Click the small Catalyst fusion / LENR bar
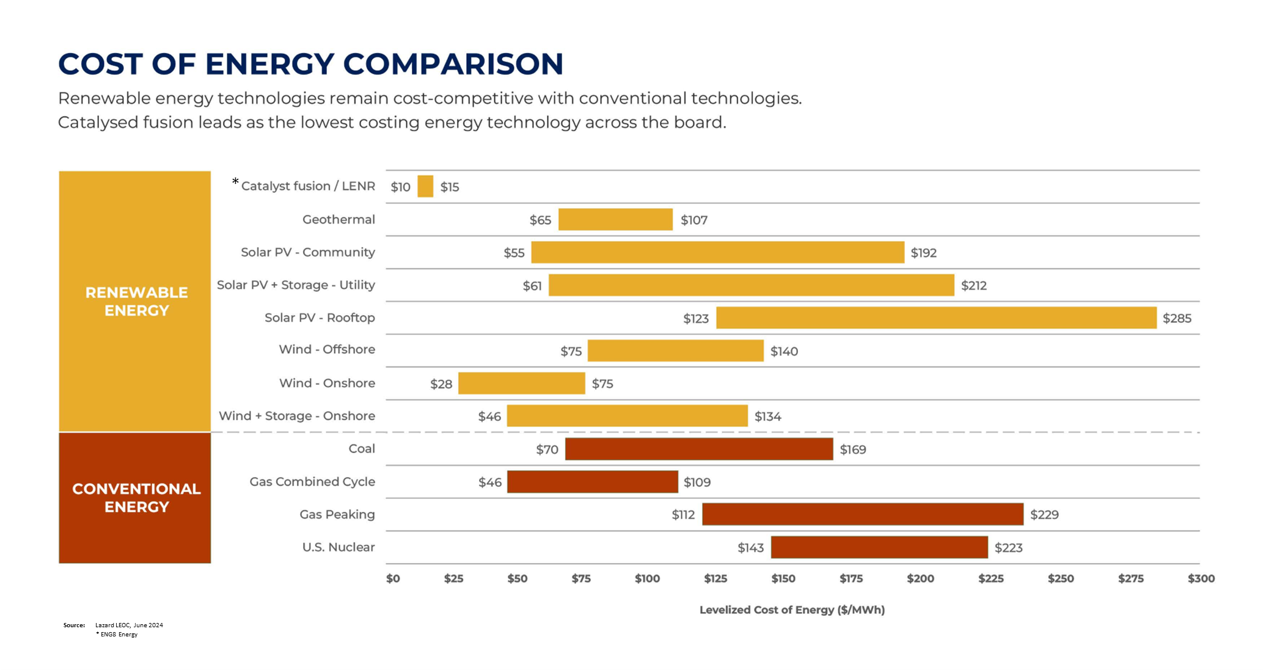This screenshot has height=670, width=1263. pos(425,186)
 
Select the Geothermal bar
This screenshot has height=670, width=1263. pos(615,219)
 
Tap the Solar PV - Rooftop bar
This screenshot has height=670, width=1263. pos(936,318)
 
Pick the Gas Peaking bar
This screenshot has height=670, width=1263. pos(862,514)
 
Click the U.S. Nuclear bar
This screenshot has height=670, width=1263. pos(879,547)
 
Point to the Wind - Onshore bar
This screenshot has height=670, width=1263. pos(521,384)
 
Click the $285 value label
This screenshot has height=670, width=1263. pos(1177,318)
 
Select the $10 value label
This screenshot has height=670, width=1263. pos(400,187)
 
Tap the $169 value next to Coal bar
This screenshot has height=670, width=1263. pos(852,450)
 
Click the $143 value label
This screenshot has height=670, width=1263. pos(750,548)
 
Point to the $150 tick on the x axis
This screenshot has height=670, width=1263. pos(783,578)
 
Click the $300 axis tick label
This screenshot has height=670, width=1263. pos(1201,578)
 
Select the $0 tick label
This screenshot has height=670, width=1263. pos(393,578)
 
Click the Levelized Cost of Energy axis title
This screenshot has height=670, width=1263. pos(792,610)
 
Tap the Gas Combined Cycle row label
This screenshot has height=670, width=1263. pos(312,481)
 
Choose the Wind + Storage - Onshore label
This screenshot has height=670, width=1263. pos(297,416)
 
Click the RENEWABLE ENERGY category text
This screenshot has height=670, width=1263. pos(136,301)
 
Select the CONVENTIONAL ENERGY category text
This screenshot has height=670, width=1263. pos(136,497)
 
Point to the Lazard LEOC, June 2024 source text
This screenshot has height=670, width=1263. pos(129,625)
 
